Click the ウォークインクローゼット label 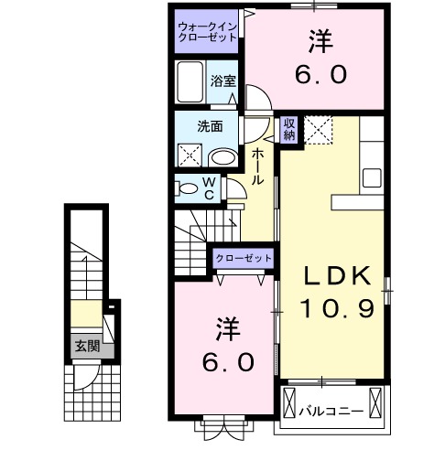(x=208, y=32)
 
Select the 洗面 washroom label (x=211, y=127)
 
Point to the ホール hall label (x=259, y=166)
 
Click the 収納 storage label (x=288, y=130)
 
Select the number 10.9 (x=335, y=308)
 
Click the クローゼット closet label (x=244, y=259)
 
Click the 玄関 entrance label (x=87, y=346)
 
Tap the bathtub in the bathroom (x=190, y=83)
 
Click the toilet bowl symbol (x=190, y=188)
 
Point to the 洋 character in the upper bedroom (x=319, y=40)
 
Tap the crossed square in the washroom (x=190, y=154)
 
